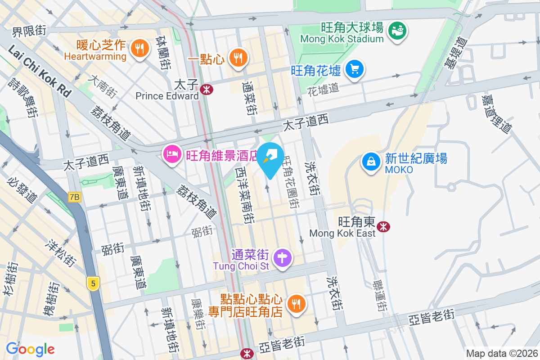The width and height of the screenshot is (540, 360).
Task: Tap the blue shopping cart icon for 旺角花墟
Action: click(x=355, y=69)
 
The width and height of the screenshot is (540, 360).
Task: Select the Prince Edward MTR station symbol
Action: click(x=207, y=89)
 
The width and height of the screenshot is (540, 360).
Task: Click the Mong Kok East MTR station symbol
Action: click(x=384, y=226)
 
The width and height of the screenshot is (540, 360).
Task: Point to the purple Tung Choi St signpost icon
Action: click(x=283, y=258)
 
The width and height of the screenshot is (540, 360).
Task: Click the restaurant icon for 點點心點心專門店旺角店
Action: click(x=296, y=304)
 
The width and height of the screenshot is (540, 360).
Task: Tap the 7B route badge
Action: click(x=74, y=197)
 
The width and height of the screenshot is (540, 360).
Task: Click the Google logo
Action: click(x=30, y=349)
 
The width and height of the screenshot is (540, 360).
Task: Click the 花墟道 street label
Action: click(x=323, y=88)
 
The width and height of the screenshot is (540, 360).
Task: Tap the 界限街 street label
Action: click(x=29, y=31)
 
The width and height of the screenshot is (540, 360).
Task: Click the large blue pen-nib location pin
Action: click(x=270, y=159)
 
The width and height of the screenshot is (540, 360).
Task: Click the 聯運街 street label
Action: click(x=381, y=295)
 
